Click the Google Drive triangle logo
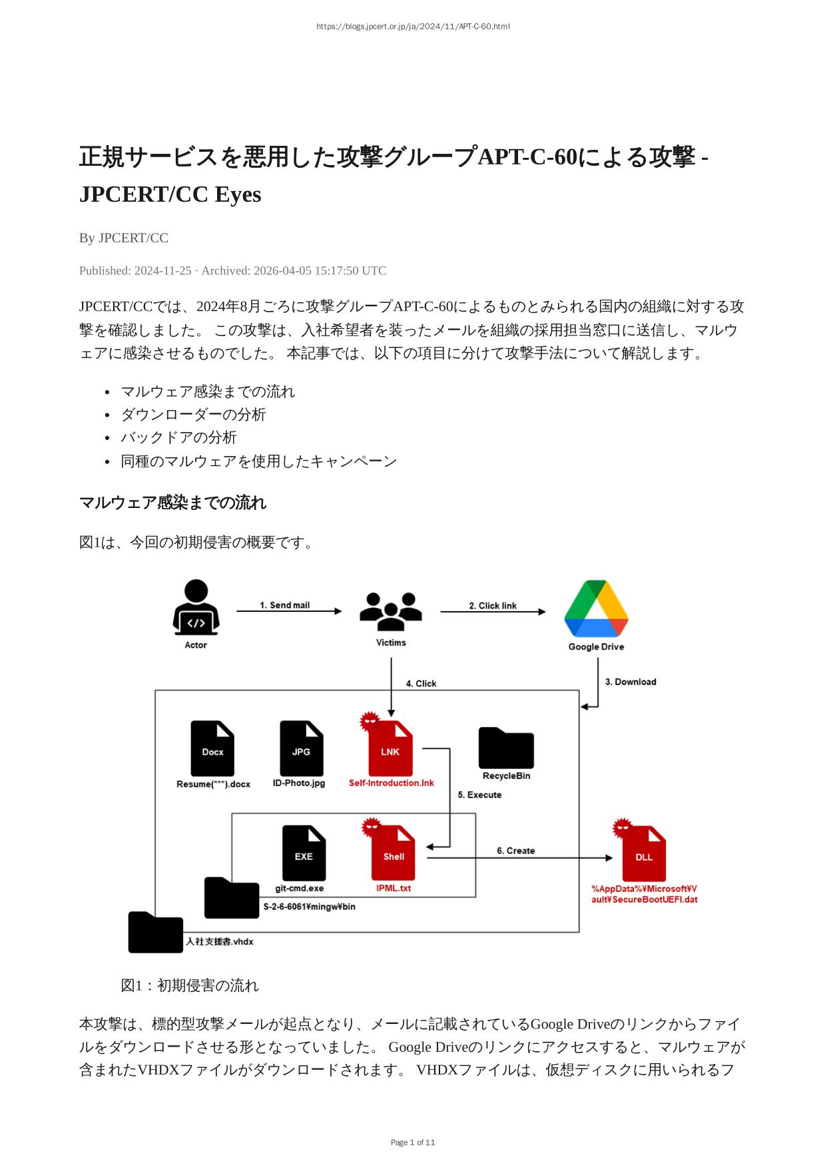point(596,608)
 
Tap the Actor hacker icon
point(196,607)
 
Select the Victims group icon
point(391,611)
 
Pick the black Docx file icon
point(212,748)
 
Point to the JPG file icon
point(301,748)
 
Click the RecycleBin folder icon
point(506,748)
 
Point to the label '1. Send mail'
point(284,605)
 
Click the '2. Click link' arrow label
point(493,606)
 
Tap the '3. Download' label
point(631,682)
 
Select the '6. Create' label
point(515,851)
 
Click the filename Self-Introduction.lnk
point(392,783)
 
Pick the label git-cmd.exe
point(300,888)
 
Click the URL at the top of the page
point(413,27)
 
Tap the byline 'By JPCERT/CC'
point(124,238)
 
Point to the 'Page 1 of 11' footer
point(413,1142)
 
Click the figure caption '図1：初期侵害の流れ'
point(190,985)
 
